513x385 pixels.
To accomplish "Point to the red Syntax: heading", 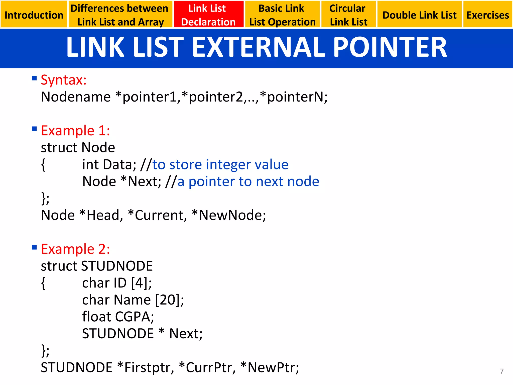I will coord(64,80).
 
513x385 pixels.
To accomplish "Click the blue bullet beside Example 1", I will coord(34,129).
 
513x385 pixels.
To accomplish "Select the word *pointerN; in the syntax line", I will coord(294,97).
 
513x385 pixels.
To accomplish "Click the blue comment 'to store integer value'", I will coord(220,165).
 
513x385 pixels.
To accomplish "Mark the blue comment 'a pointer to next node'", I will coord(248,181).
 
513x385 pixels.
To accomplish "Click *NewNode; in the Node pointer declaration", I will coord(229,215).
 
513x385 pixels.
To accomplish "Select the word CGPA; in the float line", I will coord(134,317).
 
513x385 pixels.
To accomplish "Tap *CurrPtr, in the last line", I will coord(207,368).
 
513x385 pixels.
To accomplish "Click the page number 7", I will coord(501,371).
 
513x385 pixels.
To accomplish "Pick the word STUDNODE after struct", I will coord(117,266).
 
